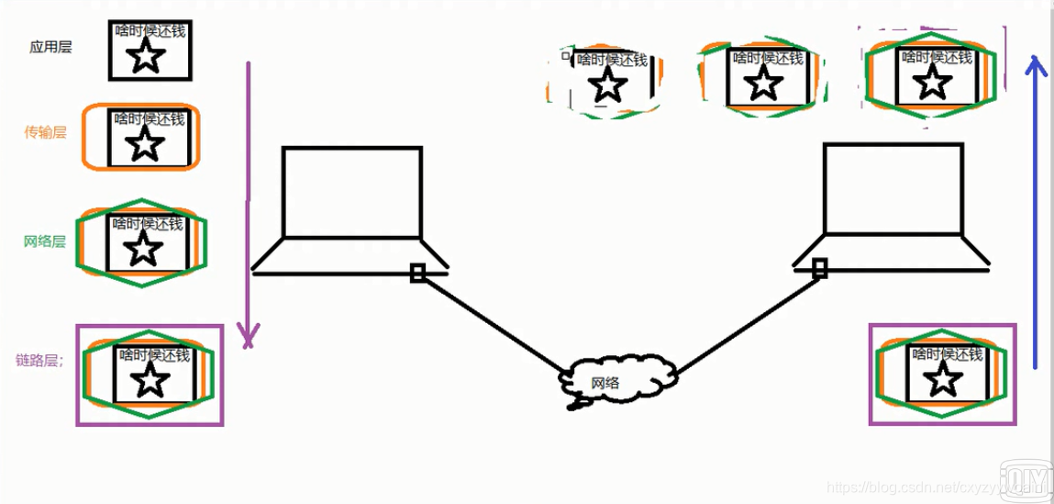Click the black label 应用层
(x=50, y=47)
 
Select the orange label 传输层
(x=45, y=132)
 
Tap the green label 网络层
(x=45, y=241)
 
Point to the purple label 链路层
(x=39, y=361)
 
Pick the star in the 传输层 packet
(x=143, y=145)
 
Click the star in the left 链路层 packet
(x=152, y=380)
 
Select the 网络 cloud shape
(x=618, y=378)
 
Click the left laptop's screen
(x=352, y=192)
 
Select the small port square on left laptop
(x=417, y=273)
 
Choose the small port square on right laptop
(x=820, y=268)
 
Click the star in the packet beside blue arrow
(x=933, y=82)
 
